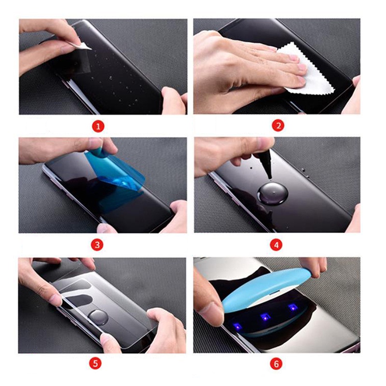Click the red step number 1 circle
[98, 126]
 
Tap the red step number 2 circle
[278, 126]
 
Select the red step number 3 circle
[97, 245]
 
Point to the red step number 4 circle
[276, 245]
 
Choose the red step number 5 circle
[96, 364]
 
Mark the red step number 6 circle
[276, 364]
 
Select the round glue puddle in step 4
[272, 194]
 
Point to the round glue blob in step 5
[98, 317]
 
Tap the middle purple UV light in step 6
[265, 316]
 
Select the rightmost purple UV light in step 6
[293, 307]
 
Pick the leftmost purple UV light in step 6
[238, 327]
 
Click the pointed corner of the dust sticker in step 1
[92, 49]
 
